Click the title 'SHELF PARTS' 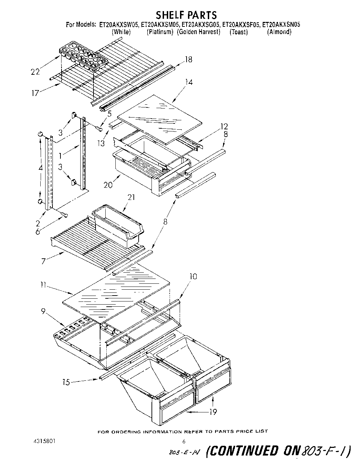186,15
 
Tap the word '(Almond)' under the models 279,32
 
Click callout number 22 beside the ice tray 35,72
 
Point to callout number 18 188,59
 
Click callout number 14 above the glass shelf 189,82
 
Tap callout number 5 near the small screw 109,113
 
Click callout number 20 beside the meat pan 108,185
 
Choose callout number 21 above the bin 131,197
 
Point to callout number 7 43,261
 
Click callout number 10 193,276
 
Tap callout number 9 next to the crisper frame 43,312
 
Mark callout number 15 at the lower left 66,382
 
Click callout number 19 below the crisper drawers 213,412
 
